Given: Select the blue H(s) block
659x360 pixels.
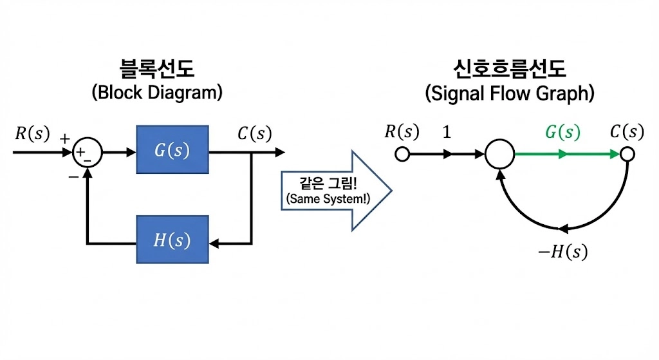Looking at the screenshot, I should (x=172, y=240).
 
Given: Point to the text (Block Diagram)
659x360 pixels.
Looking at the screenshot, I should (x=156, y=92).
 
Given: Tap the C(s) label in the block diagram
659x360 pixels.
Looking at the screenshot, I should (x=254, y=135).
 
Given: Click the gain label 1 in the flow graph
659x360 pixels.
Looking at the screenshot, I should (x=447, y=133).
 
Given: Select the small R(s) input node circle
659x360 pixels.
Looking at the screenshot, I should (x=402, y=155).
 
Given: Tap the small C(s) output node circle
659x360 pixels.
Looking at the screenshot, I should (x=627, y=155).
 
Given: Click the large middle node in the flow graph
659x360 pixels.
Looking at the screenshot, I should (x=499, y=155).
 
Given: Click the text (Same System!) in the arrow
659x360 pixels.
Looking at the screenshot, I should (x=328, y=200).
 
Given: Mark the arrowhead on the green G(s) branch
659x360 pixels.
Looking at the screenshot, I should (x=563, y=155).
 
